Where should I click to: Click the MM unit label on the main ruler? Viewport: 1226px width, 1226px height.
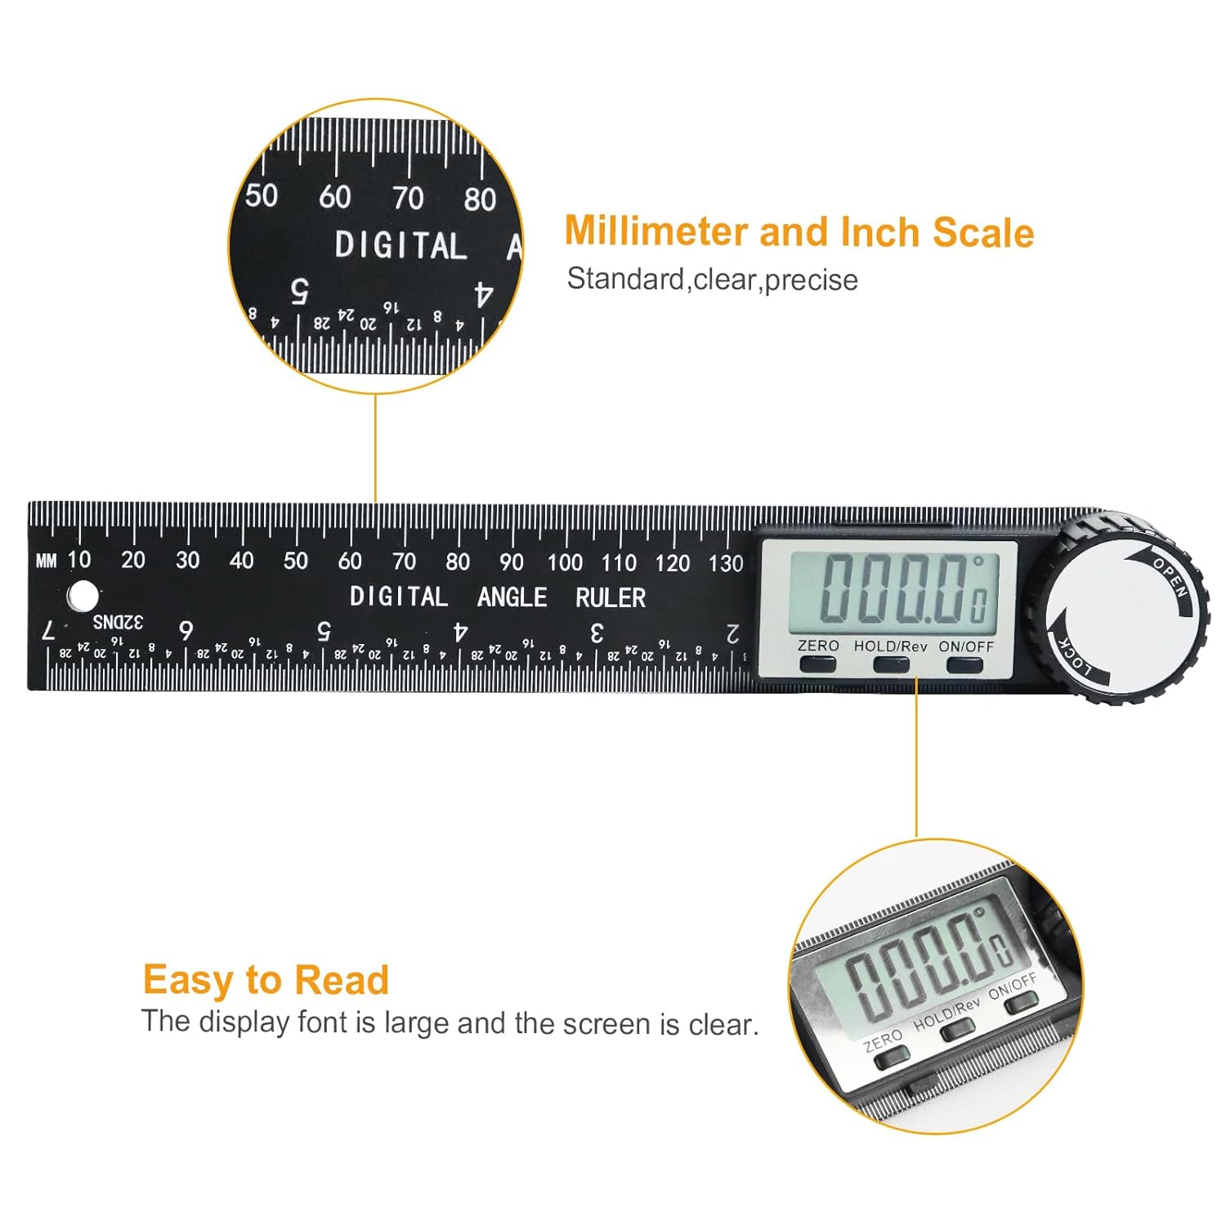point(47,562)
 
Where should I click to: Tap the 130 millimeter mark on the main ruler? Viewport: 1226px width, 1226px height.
point(726,563)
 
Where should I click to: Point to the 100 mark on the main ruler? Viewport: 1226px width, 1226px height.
point(565,562)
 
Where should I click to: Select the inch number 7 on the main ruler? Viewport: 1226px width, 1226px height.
point(48,630)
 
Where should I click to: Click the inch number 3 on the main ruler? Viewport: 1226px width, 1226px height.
point(597,633)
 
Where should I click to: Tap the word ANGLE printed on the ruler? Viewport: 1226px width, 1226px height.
point(512,597)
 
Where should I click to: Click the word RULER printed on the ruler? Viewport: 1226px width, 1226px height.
point(610,598)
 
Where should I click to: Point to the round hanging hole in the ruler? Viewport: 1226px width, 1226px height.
point(83,596)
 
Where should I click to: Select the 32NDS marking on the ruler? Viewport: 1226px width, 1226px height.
point(118,622)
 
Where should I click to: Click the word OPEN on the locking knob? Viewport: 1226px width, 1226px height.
point(1170,575)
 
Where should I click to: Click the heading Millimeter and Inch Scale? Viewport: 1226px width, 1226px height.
point(799,232)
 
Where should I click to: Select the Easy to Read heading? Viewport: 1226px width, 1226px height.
point(266,980)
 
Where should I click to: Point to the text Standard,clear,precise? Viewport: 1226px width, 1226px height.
point(712,280)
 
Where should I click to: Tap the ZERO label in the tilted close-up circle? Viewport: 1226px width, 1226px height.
point(883,1041)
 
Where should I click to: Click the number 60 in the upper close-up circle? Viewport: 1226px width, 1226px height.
point(334,197)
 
